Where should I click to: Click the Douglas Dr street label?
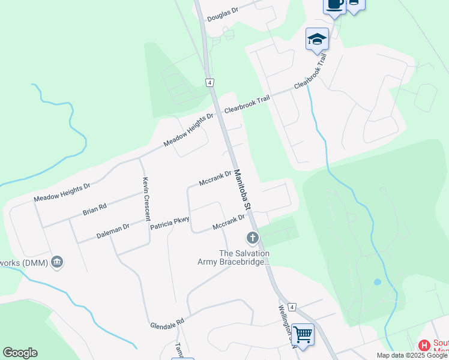click(x=223, y=14)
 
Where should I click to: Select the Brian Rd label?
click(x=95, y=209)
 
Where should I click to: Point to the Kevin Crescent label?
click(x=146, y=199)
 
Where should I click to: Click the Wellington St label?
click(x=288, y=326)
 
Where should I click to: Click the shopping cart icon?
click(x=303, y=334)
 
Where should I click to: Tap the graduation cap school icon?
click(x=316, y=39)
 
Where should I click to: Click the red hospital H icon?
click(x=424, y=346)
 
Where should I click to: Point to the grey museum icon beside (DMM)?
click(x=58, y=262)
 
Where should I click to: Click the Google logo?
click(x=20, y=353)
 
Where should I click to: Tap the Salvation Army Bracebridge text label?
click(x=235, y=257)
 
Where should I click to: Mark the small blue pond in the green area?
click(x=377, y=281)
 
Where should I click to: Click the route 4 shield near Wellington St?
click(x=292, y=307)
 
